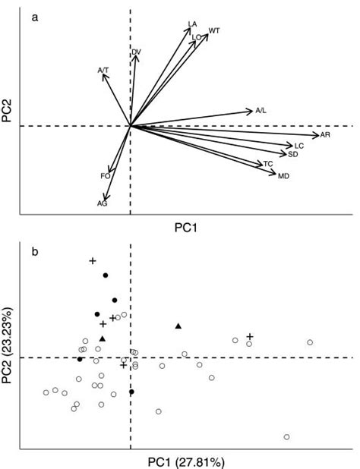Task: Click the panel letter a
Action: [35, 17]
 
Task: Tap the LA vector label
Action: [192, 24]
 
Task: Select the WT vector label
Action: [214, 30]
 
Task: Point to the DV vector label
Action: [136, 52]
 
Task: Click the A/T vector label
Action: [103, 70]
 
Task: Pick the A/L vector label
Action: [261, 111]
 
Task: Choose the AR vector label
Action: [325, 134]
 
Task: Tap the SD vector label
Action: [292, 154]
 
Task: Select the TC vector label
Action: [268, 164]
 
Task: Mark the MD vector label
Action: [283, 176]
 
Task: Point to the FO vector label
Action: [106, 176]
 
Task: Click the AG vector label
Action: [103, 203]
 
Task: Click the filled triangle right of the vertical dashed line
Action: [178, 326]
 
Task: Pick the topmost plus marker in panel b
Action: [93, 261]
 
